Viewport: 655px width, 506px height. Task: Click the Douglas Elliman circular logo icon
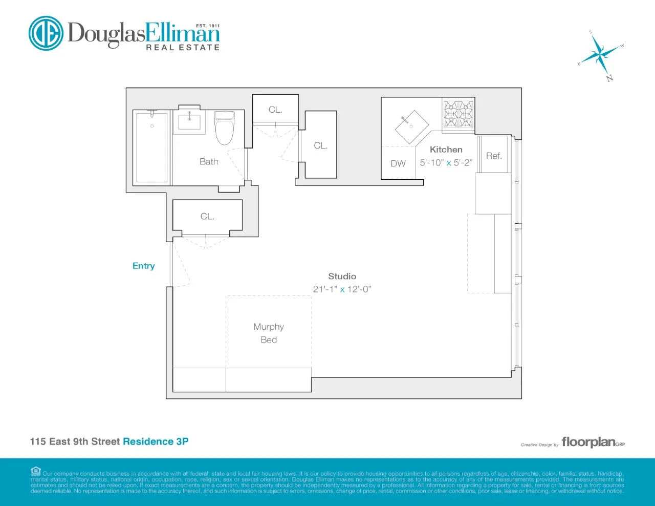tap(46, 33)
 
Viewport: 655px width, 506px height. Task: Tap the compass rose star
tap(601, 53)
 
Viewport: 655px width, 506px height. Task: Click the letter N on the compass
tap(609, 78)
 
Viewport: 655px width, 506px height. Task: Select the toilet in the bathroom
tap(224, 128)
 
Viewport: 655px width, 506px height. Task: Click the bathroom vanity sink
tap(189, 122)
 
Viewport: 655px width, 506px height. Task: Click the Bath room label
tap(209, 162)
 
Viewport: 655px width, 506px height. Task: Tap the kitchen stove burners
tap(458, 114)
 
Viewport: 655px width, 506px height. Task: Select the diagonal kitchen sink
tap(412, 126)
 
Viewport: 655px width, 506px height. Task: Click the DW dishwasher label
tap(398, 164)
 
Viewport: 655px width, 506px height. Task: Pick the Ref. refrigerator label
tap(494, 156)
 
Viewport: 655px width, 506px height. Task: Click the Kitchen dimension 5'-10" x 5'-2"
tap(446, 163)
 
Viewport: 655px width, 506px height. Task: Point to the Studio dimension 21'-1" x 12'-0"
tap(342, 289)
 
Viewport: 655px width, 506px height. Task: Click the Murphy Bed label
tap(269, 333)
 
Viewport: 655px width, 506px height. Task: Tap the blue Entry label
tap(143, 266)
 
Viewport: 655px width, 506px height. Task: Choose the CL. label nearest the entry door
tap(207, 217)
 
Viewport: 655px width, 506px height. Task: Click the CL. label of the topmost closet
tap(275, 110)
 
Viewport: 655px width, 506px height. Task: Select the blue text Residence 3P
tap(156, 441)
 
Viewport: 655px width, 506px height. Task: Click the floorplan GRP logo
tap(593, 442)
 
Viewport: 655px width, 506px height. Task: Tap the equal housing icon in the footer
tap(36, 472)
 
